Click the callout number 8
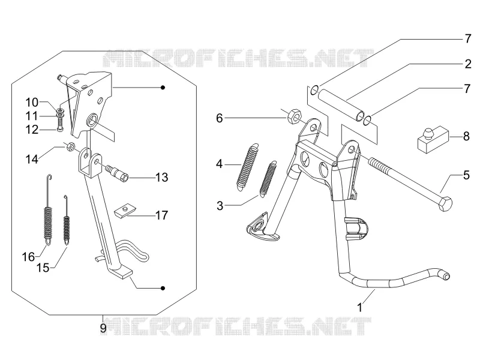[x=466, y=136]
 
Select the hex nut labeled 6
[x=295, y=116]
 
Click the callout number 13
[x=161, y=177]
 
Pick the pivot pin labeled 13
[x=116, y=173]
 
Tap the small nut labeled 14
[x=70, y=148]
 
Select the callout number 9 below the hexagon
[x=103, y=328]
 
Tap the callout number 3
[x=220, y=206]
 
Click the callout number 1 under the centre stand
[x=360, y=307]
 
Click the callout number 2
[x=468, y=64]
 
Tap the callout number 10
[x=32, y=102]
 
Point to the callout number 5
[x=466, y=175]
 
